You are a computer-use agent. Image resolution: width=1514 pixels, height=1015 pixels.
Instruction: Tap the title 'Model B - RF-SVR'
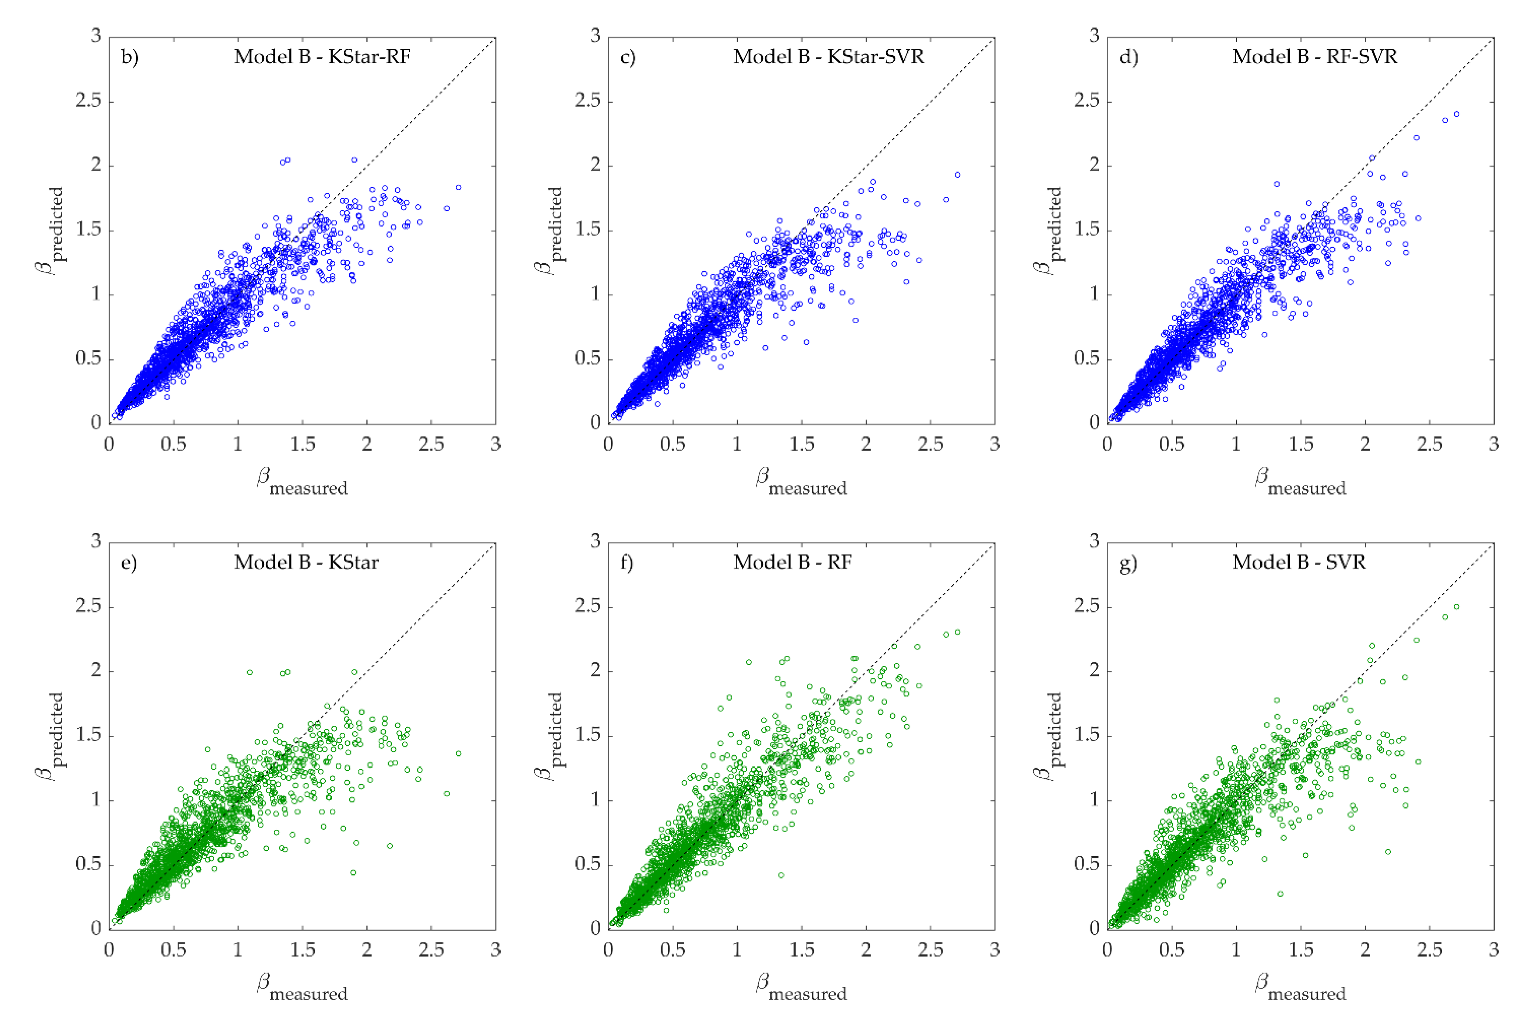click(x=1314, y=57)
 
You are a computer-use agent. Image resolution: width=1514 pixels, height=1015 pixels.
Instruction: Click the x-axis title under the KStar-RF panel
click(x=302, y=482)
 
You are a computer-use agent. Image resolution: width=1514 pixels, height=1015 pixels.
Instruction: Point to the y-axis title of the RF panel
click(x=550, y=736)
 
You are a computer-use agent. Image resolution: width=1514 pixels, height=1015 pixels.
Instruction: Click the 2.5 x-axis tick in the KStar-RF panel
click(x=432, y=444)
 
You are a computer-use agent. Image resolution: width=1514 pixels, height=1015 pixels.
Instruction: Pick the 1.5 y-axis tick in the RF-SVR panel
click(x=1087, y=230)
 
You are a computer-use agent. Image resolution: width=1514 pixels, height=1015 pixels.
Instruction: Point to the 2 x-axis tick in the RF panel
click(x=866, y=950)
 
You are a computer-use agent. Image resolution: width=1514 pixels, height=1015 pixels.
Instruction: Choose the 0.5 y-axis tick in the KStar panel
click(x=89, y=865)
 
